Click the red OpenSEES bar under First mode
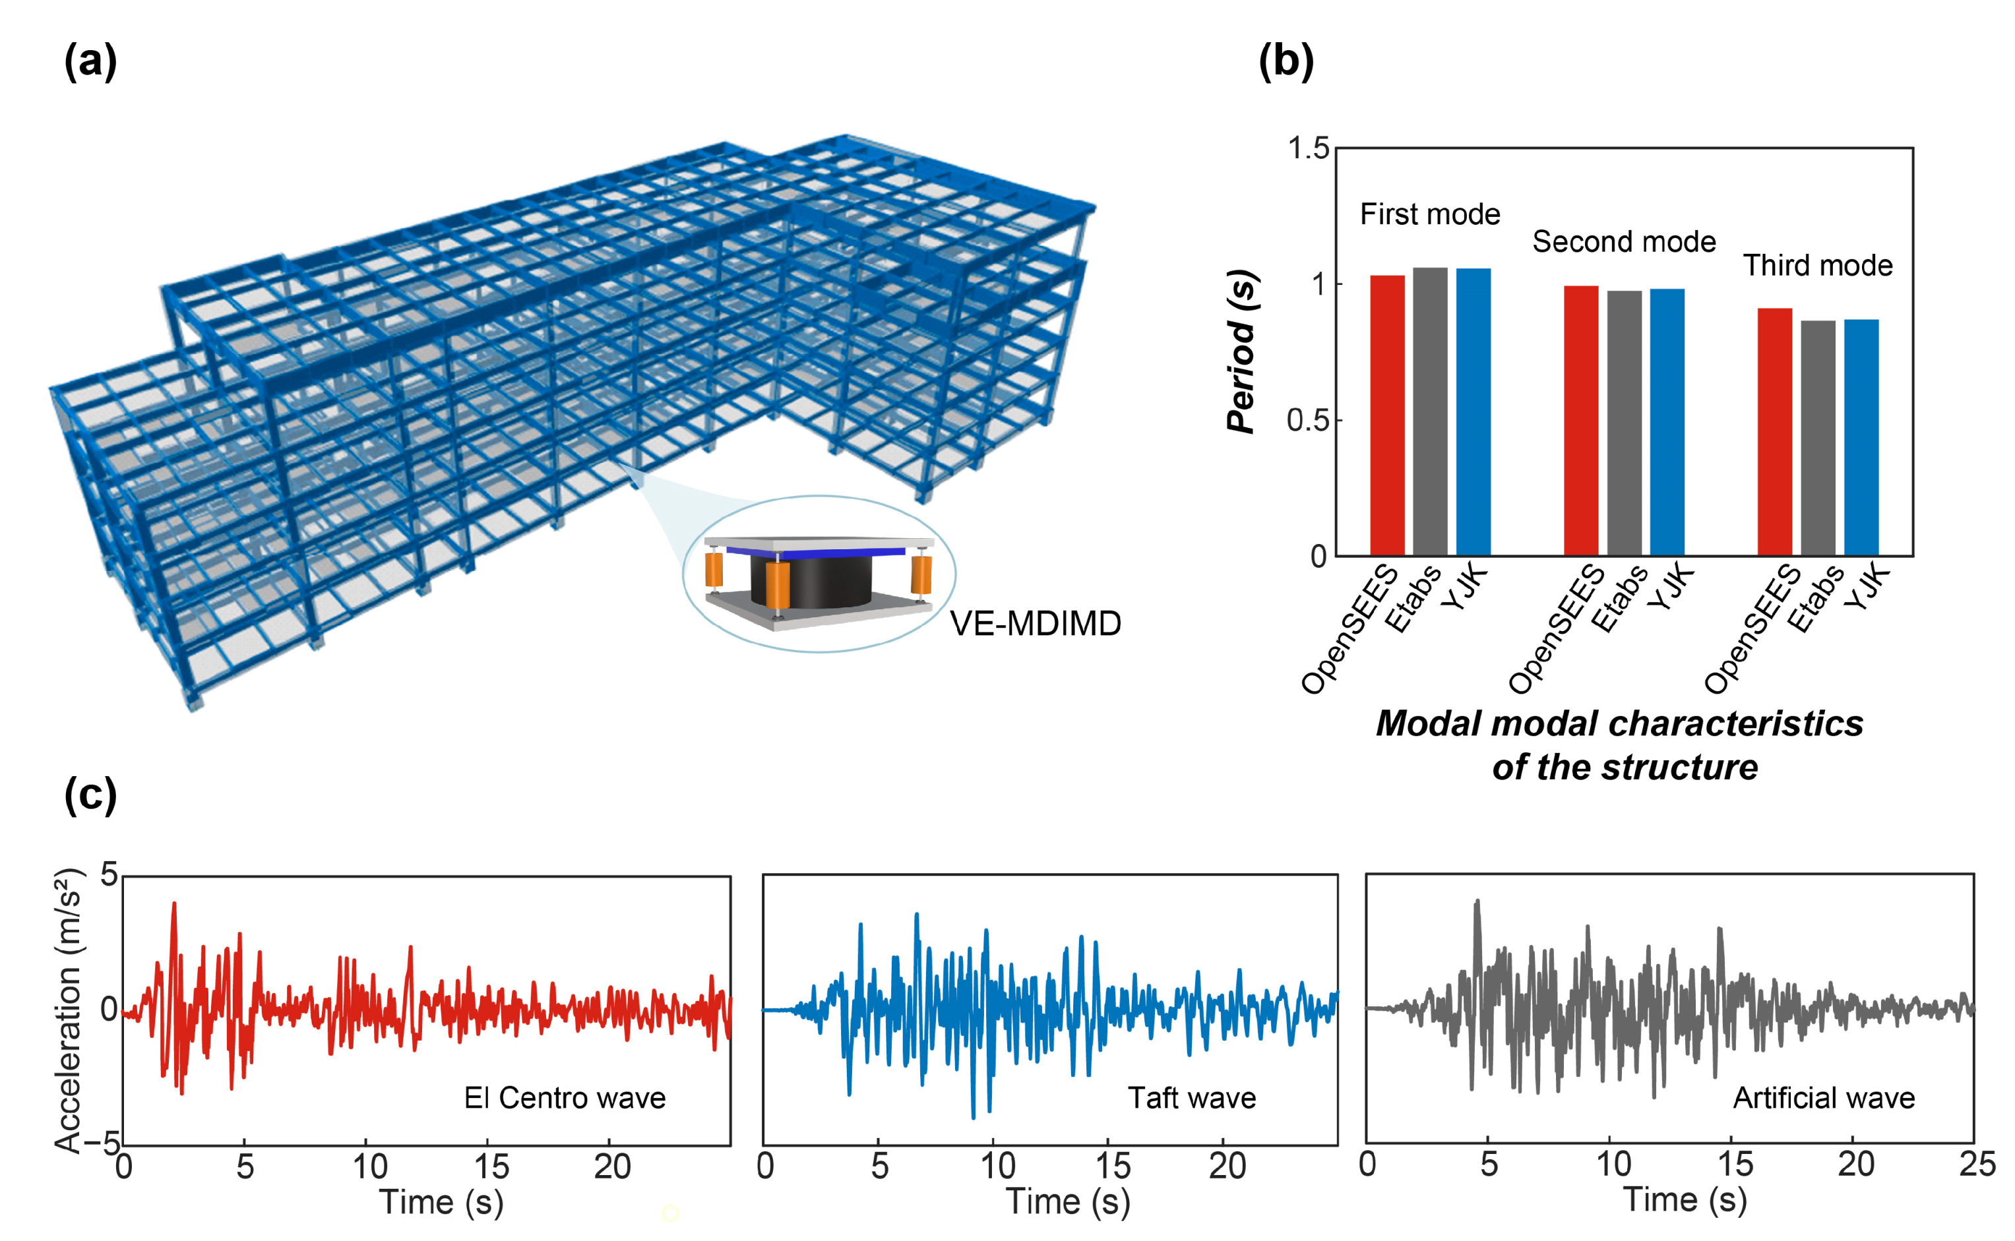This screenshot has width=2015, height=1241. (1387, 415)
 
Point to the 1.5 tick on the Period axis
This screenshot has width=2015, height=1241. (1309, 148)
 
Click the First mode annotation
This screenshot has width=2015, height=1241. (1430, 214)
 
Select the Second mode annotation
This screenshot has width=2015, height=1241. (1623, 242)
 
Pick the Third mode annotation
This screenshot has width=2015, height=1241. (1817, 266)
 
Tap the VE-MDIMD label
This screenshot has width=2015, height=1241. (1035, 624)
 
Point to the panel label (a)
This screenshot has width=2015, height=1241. (90, 61)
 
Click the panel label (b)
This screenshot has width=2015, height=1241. (1286, 61)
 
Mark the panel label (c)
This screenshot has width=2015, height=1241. (90, 795)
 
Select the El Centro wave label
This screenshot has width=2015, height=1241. (565, 1098)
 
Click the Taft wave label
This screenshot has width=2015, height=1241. (1192, 1098)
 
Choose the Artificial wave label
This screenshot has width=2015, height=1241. (1824, 1098)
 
